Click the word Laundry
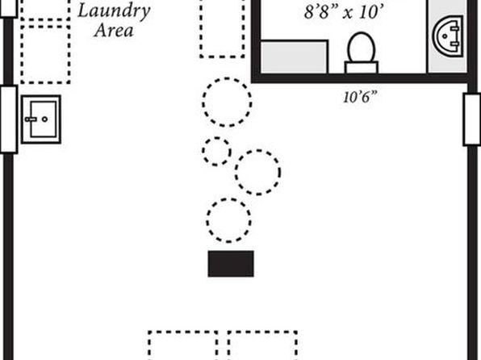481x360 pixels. click(114, 11)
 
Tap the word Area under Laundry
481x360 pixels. click(114, 31)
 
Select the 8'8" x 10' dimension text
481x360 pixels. click(344, 12)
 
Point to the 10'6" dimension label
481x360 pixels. click(359, 98)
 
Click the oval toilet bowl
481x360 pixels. click(362, 48)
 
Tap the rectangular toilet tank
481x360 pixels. click(362, 68)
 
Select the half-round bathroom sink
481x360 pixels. click(449, 36)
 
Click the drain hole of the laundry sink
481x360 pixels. click(44, 119)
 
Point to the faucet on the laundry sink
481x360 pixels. click(31, 119)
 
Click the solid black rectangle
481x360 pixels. click(231, 264)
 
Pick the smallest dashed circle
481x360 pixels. click(216, 151)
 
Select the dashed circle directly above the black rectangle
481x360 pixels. click(229, 220)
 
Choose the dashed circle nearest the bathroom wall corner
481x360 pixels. click(227, 103)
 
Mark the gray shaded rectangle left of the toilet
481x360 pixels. click(294, 57)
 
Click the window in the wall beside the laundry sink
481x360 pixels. click(9, 119)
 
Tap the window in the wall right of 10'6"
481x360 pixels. click(472, 119)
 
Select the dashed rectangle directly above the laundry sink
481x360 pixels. click(45, 55)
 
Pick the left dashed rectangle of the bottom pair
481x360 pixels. click(183, 345)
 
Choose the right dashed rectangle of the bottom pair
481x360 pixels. click(262, 345)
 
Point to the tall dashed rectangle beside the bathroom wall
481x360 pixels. click(223, 28)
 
